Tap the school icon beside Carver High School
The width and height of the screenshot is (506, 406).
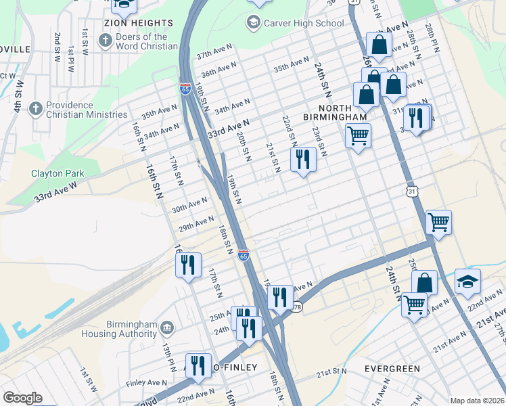click(x=254, y=23)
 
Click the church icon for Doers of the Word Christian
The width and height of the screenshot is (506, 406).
click(x=105, y=41)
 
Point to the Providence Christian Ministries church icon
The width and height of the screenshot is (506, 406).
click(x=36, y=109)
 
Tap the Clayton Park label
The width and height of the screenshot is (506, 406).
click(x=57, y=173)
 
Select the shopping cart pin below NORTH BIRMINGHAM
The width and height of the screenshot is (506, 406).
click(x=358, y=135)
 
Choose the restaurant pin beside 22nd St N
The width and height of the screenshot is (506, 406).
click(x=302, y=160)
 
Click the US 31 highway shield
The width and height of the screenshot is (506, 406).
click(x=411, y=191)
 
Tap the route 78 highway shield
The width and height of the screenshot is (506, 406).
click(x=297, y=307)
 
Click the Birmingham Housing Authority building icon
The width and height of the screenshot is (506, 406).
click(x=167, y=328)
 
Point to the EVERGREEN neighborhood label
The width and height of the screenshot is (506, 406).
click(x=392, y=369)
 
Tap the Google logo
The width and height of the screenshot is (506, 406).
click(x=22, y=398)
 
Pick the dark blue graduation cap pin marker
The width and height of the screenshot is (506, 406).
click(x=467, y=282)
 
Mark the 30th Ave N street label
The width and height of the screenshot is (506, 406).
click(x=189, y=203)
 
